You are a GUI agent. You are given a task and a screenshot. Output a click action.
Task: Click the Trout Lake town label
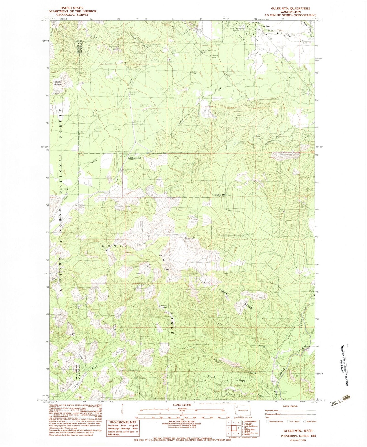264,26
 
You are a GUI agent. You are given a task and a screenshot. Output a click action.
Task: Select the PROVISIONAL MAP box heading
123,422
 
